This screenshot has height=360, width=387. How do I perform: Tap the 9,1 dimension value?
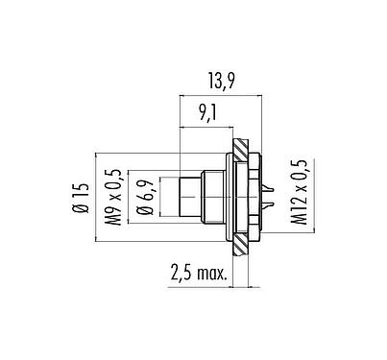[x=206, y=113]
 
